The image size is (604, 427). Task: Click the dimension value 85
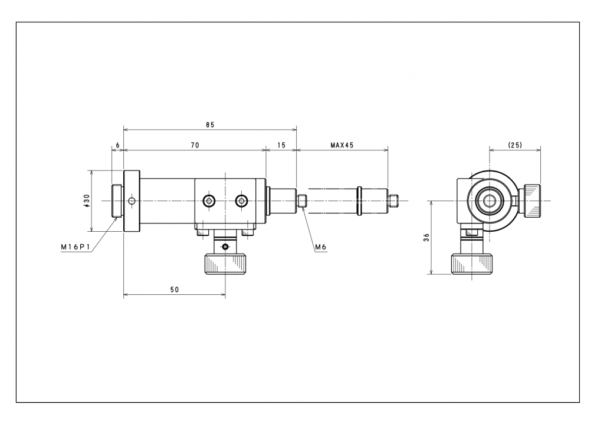pyautogui.click(x=210, y=125)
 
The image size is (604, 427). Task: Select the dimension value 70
pyautogui.click(x=195, y=145)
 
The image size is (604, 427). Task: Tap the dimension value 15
pyautogui.click(x=281, y=145)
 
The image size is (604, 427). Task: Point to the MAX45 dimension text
pyautogui.click(x=342, y=145)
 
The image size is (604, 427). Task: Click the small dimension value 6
pyautogui.click(x=118, y=145)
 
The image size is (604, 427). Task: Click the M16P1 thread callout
pyautogui.click(x=75, y=247)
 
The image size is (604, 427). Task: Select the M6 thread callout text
pyautogui.click(x=320, y=247)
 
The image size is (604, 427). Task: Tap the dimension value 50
pyautogui.click(x=175, y=290)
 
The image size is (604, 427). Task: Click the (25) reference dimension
pyautogui.click(x=515, y=145)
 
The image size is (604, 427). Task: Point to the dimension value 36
pyautogui.click(x=426, y=238)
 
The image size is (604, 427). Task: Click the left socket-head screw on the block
pyautogui.click(x=209, y=201)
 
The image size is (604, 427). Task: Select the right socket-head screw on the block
pyautogui.click(x=242, y=201)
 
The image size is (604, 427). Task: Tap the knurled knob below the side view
pyautogui.click(x=225, y=264)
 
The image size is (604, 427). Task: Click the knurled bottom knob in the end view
pyautogui.click(x=472, y=264)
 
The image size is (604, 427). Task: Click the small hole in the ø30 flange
pyautogui.click(x=132, y=201)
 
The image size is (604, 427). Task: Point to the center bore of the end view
pyautogui.click(x=490, y=201)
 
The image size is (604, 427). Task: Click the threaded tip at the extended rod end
pyautogui.click(x=393, y=201)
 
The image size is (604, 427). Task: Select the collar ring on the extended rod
pyautogui.click(x=359, y=201)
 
